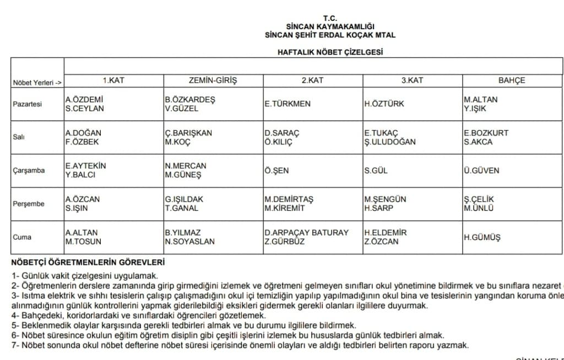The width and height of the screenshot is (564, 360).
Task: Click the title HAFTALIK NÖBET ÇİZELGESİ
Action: click(x=330, y=52)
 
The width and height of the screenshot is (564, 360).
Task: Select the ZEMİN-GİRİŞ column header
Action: click(x=213, y=80)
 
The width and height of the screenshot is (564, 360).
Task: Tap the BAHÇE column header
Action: click(x=512, y=80)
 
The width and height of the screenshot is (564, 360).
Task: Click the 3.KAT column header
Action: click(x=412, y=80)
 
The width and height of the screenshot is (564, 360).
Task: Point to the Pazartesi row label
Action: click(x=27, y=104)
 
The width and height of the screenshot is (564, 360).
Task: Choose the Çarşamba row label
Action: click(x=29, y=171)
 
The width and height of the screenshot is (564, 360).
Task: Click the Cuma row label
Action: click(x=22, y=237)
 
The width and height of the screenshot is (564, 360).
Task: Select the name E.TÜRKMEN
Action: click(x=288, y=104)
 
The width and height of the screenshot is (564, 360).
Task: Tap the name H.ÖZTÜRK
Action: click(x=384, y=104)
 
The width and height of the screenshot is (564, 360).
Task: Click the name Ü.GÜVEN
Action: click(x=481, y=171)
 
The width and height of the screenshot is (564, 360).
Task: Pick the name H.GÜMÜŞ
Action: click(x=482, y=237)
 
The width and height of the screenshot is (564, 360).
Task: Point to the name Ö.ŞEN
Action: click(x=276, y=171)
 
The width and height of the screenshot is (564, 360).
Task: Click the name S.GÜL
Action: click(x=376, y=171)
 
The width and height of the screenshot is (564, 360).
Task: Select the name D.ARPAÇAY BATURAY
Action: click(x=306, y=233)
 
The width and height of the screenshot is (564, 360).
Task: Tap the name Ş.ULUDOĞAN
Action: click(x=390, y=142)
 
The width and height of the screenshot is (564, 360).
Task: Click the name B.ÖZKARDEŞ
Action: click(x=190, y=100)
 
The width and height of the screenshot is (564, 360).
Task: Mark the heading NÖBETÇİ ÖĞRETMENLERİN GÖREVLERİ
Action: click(x=88, y=263)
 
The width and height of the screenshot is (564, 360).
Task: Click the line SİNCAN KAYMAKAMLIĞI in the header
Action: click(x=330, y=26)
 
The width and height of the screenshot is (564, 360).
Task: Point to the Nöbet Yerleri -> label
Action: click(x=36, y=83)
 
